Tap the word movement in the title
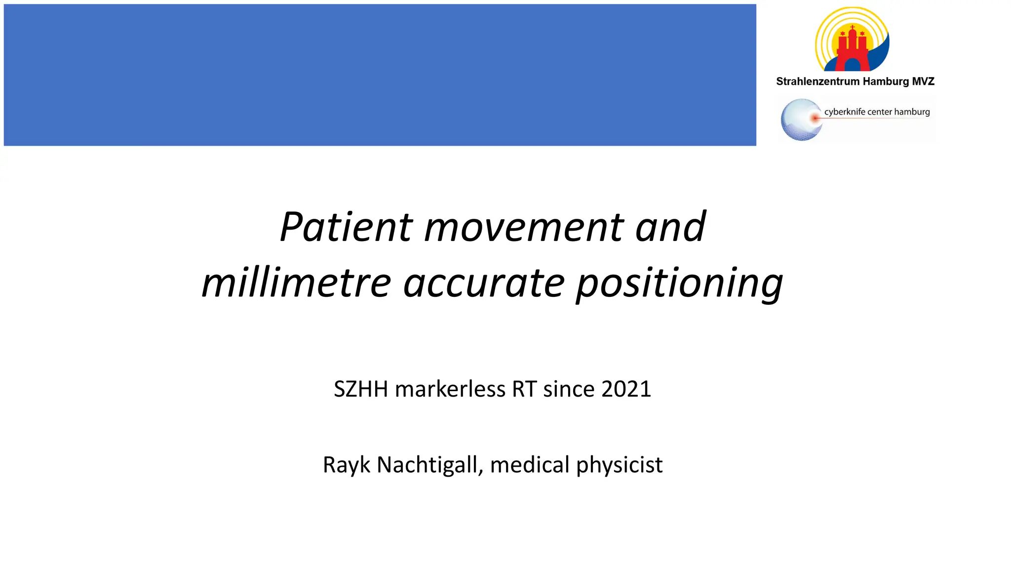(523, 228)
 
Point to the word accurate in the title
(484, 284)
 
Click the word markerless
(450, 389)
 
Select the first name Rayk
(346, 465)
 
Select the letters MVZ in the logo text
(923, 81)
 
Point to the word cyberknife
(845, 112)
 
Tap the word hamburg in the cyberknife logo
(912, 112)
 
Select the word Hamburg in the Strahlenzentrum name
(886, 81)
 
